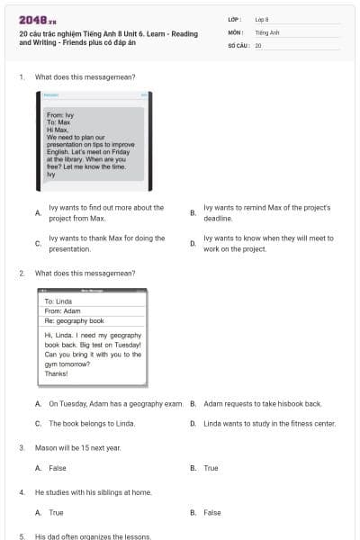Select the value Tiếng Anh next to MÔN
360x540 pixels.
267,31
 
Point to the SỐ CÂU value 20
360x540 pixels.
258,44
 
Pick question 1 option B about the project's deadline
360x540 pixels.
266,212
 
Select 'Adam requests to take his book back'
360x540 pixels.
262,404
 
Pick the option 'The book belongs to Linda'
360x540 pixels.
91,423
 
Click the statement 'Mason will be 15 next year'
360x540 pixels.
77,447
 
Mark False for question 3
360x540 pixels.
57,468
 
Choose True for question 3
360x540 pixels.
211,468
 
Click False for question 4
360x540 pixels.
211,513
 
